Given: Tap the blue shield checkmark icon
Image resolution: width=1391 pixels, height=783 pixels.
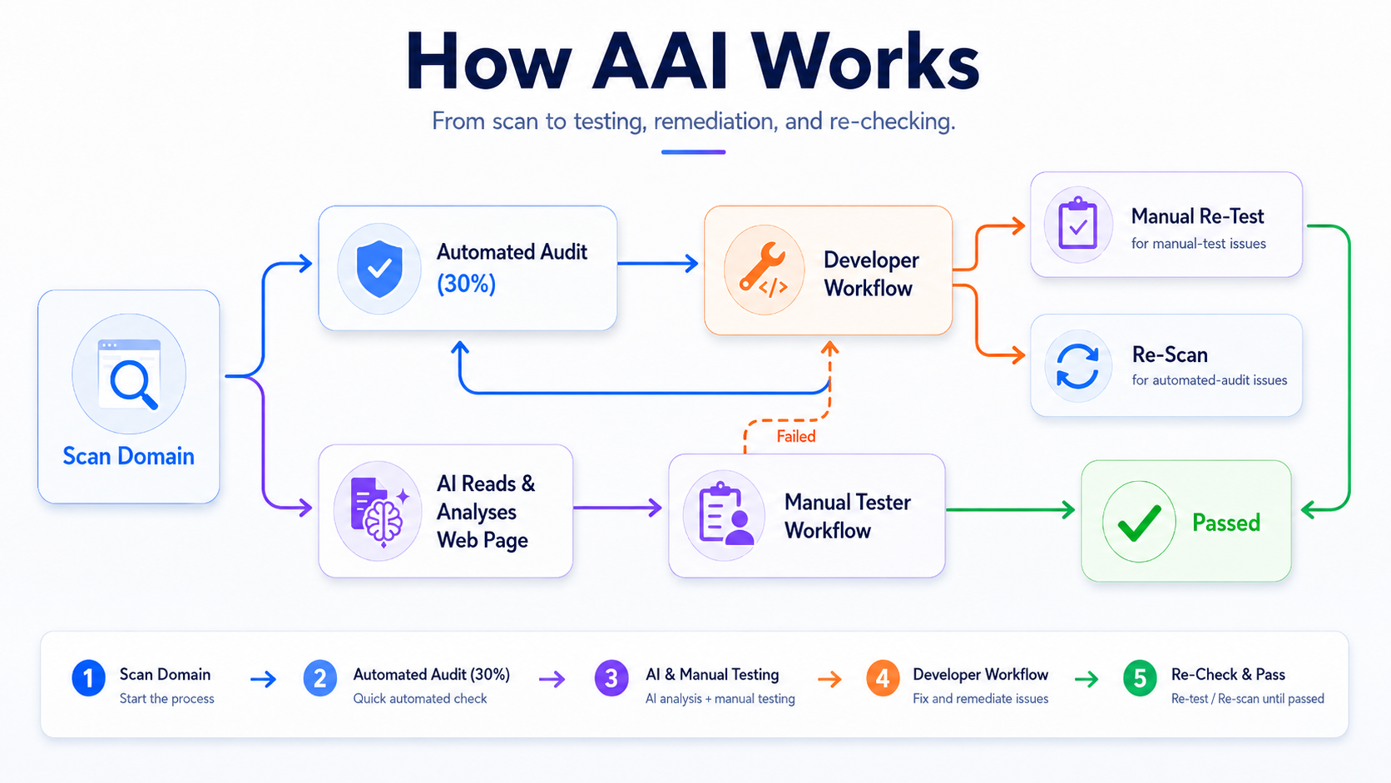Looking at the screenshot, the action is coord(379,269).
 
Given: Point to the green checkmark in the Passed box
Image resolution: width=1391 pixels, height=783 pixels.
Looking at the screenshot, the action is coord(1139,523).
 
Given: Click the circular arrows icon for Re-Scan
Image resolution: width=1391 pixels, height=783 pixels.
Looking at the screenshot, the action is coord(1077,366).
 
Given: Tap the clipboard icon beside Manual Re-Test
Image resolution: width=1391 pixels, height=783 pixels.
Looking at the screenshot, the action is coord(1077,223).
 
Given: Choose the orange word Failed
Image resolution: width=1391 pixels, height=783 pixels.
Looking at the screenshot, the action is coord(796,437).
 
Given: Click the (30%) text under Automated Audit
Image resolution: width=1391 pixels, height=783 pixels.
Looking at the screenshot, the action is coord(467,284).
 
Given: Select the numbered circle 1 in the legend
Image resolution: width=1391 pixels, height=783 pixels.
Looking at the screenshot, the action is coord(88,678).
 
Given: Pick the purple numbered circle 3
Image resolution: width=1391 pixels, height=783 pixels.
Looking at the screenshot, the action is coord(611,678).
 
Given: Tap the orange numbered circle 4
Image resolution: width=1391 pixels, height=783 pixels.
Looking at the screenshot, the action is coord(883,678).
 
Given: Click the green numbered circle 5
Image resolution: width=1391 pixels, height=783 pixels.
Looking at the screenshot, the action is coord(1140,678).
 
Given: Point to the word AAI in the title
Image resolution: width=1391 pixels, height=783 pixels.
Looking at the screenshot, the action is coord(660,63).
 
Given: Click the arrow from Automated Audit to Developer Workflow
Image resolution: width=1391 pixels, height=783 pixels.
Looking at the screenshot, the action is coord(657,263).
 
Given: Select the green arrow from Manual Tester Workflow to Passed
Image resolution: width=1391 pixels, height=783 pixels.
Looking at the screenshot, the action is coord(1010,510).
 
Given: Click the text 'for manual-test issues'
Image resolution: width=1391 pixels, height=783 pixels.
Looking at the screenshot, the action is coord(1199,244).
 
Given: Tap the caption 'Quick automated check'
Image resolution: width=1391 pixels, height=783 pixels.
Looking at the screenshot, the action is coord(420,699).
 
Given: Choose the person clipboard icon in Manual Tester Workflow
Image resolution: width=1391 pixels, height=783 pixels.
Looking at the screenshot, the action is coord(725,515).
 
